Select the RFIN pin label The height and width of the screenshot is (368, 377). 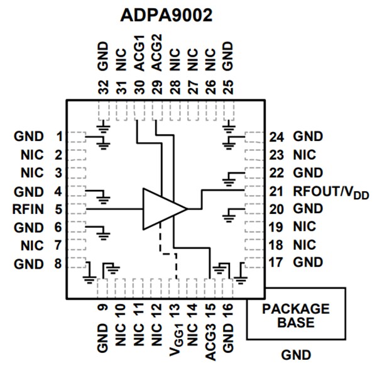[28, 208]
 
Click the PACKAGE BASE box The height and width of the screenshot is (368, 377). [295, 315]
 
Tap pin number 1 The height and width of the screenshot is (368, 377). [58, 136]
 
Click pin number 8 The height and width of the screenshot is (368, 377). [58, 264]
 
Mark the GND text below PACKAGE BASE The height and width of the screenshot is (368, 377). [295, 355]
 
